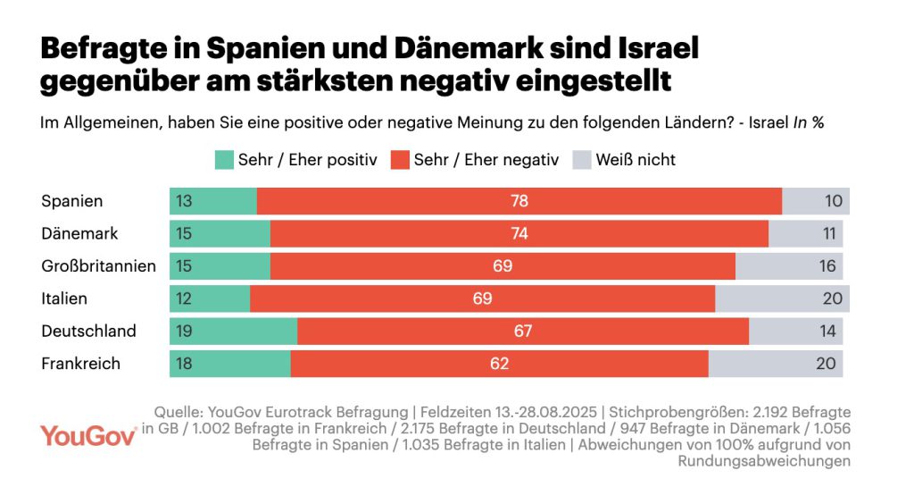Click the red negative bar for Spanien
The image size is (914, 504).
519,201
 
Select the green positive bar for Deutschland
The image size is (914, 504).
234,331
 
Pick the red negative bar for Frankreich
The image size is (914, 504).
499,364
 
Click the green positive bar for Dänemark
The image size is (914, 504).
220,233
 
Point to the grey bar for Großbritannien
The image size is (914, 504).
789,266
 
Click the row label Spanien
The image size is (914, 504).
72,201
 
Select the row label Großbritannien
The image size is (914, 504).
99,265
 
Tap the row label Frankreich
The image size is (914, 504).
80,364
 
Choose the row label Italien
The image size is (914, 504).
64,298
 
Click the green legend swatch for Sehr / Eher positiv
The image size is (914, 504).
223,160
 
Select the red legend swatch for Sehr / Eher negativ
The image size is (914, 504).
400,160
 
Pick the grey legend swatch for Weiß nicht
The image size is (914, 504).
582,160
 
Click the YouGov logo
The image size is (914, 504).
87,435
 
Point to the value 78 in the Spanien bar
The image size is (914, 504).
519,201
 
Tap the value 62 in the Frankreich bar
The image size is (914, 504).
499,364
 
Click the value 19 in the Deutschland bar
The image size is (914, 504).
184,331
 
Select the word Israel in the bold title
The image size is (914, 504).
652,47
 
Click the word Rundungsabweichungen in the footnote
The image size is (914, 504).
764,461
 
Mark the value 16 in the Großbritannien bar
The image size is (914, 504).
827,266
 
